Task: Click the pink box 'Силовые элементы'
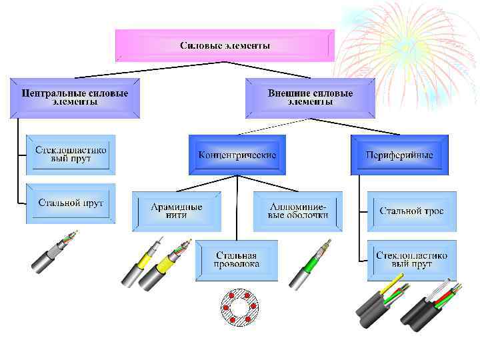[225, 46]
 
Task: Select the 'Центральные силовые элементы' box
[75, 98]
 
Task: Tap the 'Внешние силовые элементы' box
[310, 98]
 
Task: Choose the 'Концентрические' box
[237, 155]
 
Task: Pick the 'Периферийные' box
[399, 155]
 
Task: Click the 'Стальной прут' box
[71, 203]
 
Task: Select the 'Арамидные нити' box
[177, 211]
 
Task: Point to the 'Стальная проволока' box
[236, 260]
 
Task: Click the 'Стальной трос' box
[411, 211]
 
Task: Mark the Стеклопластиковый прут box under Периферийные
[411, 260]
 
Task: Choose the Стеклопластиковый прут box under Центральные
[71, 155]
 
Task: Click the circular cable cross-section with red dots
[239, 307]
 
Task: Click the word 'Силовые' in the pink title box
[199, 46]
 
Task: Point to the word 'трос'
[431, 211]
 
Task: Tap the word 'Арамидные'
[177, 207]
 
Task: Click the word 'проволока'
[236, 265]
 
